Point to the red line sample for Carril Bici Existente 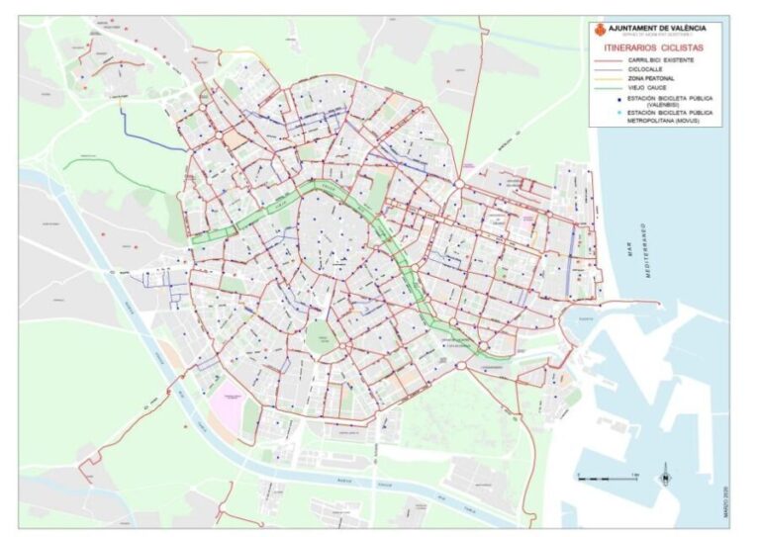coord(607,60)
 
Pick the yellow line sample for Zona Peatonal coord(607,78)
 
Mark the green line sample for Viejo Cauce coord(607,87)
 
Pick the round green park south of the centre coord(321,337)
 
